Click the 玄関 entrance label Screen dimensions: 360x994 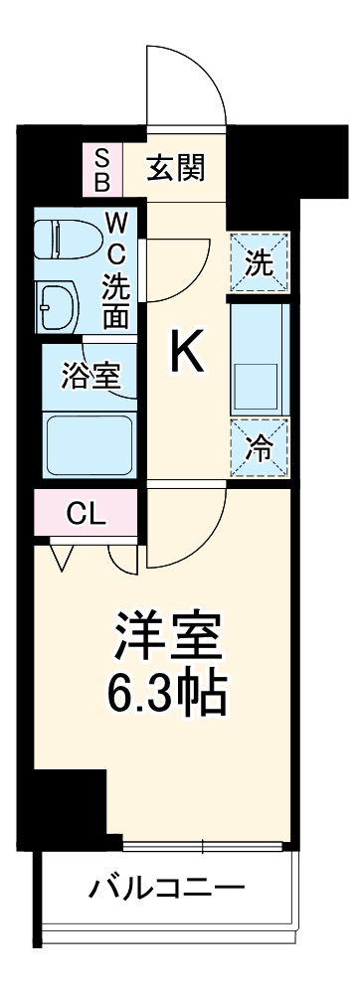click(178, 169)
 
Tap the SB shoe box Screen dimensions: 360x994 click(101, 169)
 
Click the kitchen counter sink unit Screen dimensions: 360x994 click(258, 358)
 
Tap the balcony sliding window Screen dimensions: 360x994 click(204, 847)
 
